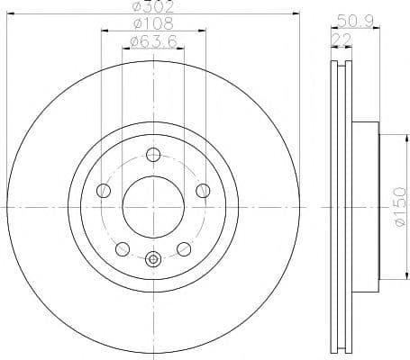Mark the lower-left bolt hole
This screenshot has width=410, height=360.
123,247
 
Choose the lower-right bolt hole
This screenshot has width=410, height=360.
182,247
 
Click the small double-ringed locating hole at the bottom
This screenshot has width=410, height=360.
152,261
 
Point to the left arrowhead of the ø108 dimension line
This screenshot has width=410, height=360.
103,30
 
